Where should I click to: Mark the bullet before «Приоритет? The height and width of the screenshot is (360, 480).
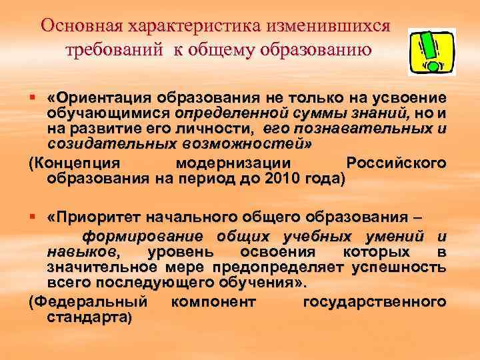click(x=33, y=217)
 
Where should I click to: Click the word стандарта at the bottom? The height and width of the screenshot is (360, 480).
click(x=89, y=317)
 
